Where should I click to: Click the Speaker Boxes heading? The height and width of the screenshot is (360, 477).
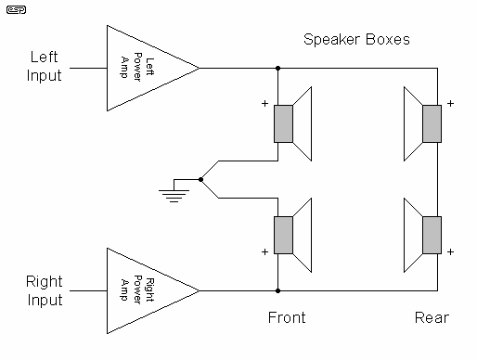pyautogui.click(x=356, y=40)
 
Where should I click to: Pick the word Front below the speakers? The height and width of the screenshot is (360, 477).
pyautogui.click(x=286, y=318)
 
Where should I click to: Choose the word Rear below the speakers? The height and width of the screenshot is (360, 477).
pyautogui.click(x=432, y=318)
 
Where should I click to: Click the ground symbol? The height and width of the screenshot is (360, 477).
pyautogui.click(x=174, y=192)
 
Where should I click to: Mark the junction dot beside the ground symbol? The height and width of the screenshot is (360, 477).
pyautogui.click(x=200, y=177)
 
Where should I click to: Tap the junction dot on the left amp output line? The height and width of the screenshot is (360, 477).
pyautogui.click(x=277, y=68)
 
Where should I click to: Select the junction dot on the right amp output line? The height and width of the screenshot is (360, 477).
pyautogui.click(x=277, y=290)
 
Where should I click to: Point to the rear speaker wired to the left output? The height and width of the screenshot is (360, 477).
pyautogui.click(x=423, y=123)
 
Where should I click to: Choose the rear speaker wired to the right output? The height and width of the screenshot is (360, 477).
pyautogui.click(x=423, y=233)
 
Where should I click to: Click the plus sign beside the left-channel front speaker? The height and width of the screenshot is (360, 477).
pyautogui.click(x=264, y=104)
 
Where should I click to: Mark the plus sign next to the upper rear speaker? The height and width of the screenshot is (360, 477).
pyautogui.click(x=450, y=104)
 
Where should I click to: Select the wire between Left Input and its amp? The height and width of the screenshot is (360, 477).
pyautogui.click(x=88, y=68)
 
